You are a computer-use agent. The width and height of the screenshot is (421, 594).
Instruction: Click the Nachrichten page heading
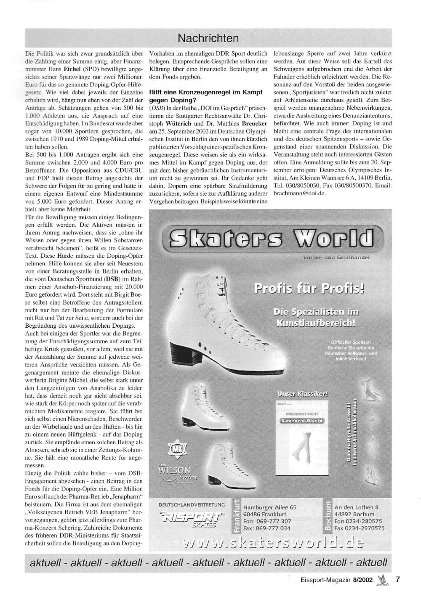pyautogui.click(x=208, y=39)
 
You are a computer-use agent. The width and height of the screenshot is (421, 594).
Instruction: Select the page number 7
pyautogui.click(x=397, y=579)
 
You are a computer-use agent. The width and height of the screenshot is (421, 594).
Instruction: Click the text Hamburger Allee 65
pyautogui.click(x=270, y=507)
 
